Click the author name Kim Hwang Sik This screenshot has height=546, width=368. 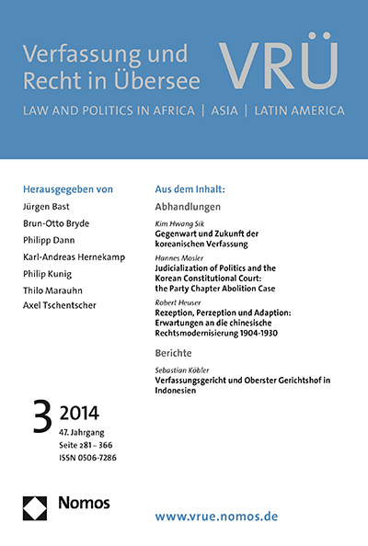[x=178, y=224]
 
